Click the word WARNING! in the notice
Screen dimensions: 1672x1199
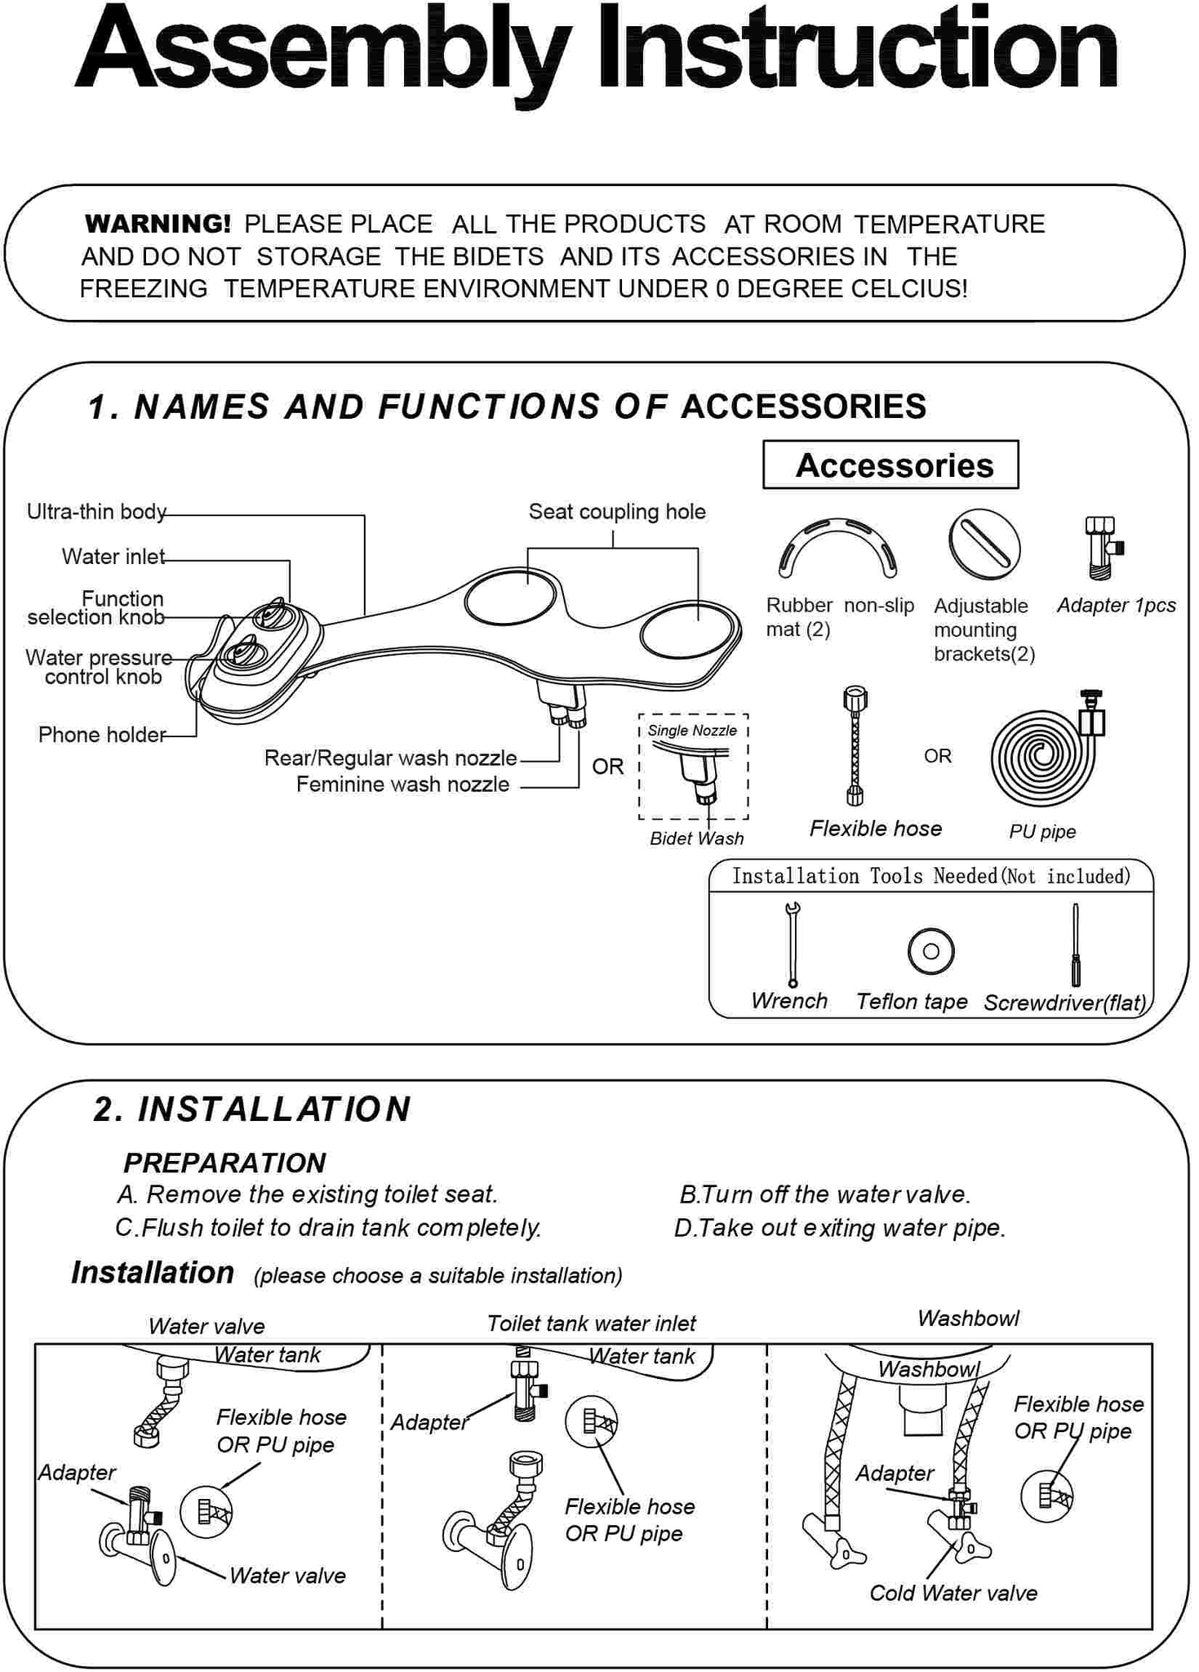[x=158, y=224]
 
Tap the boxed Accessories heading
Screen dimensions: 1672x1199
[x=890, y=465]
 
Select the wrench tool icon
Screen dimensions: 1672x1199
[x=791, y=944]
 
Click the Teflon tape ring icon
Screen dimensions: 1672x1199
[x=930, y=951]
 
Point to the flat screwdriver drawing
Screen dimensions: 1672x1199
[x=1075, y=945]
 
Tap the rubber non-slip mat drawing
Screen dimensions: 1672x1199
[x=837, y=547]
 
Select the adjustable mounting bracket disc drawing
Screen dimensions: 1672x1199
[x=984, y=545]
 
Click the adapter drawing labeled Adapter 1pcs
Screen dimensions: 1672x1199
[x=1103, y=547]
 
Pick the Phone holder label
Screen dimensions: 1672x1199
[x=102, y=735]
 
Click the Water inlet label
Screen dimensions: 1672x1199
[x=113, y=557]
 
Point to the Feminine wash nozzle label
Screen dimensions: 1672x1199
[x=402, y=785]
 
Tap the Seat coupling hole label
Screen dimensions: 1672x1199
[x=617, y=512]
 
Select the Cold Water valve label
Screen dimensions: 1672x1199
[x=953, y=1593]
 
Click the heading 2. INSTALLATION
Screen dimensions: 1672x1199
[x=252, y=1109]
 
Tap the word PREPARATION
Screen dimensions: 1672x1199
[x=224, y=1163]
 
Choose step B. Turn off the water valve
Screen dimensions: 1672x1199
[x=825, y=1194]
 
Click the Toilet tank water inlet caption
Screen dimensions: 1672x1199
[x=591, y=1323]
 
